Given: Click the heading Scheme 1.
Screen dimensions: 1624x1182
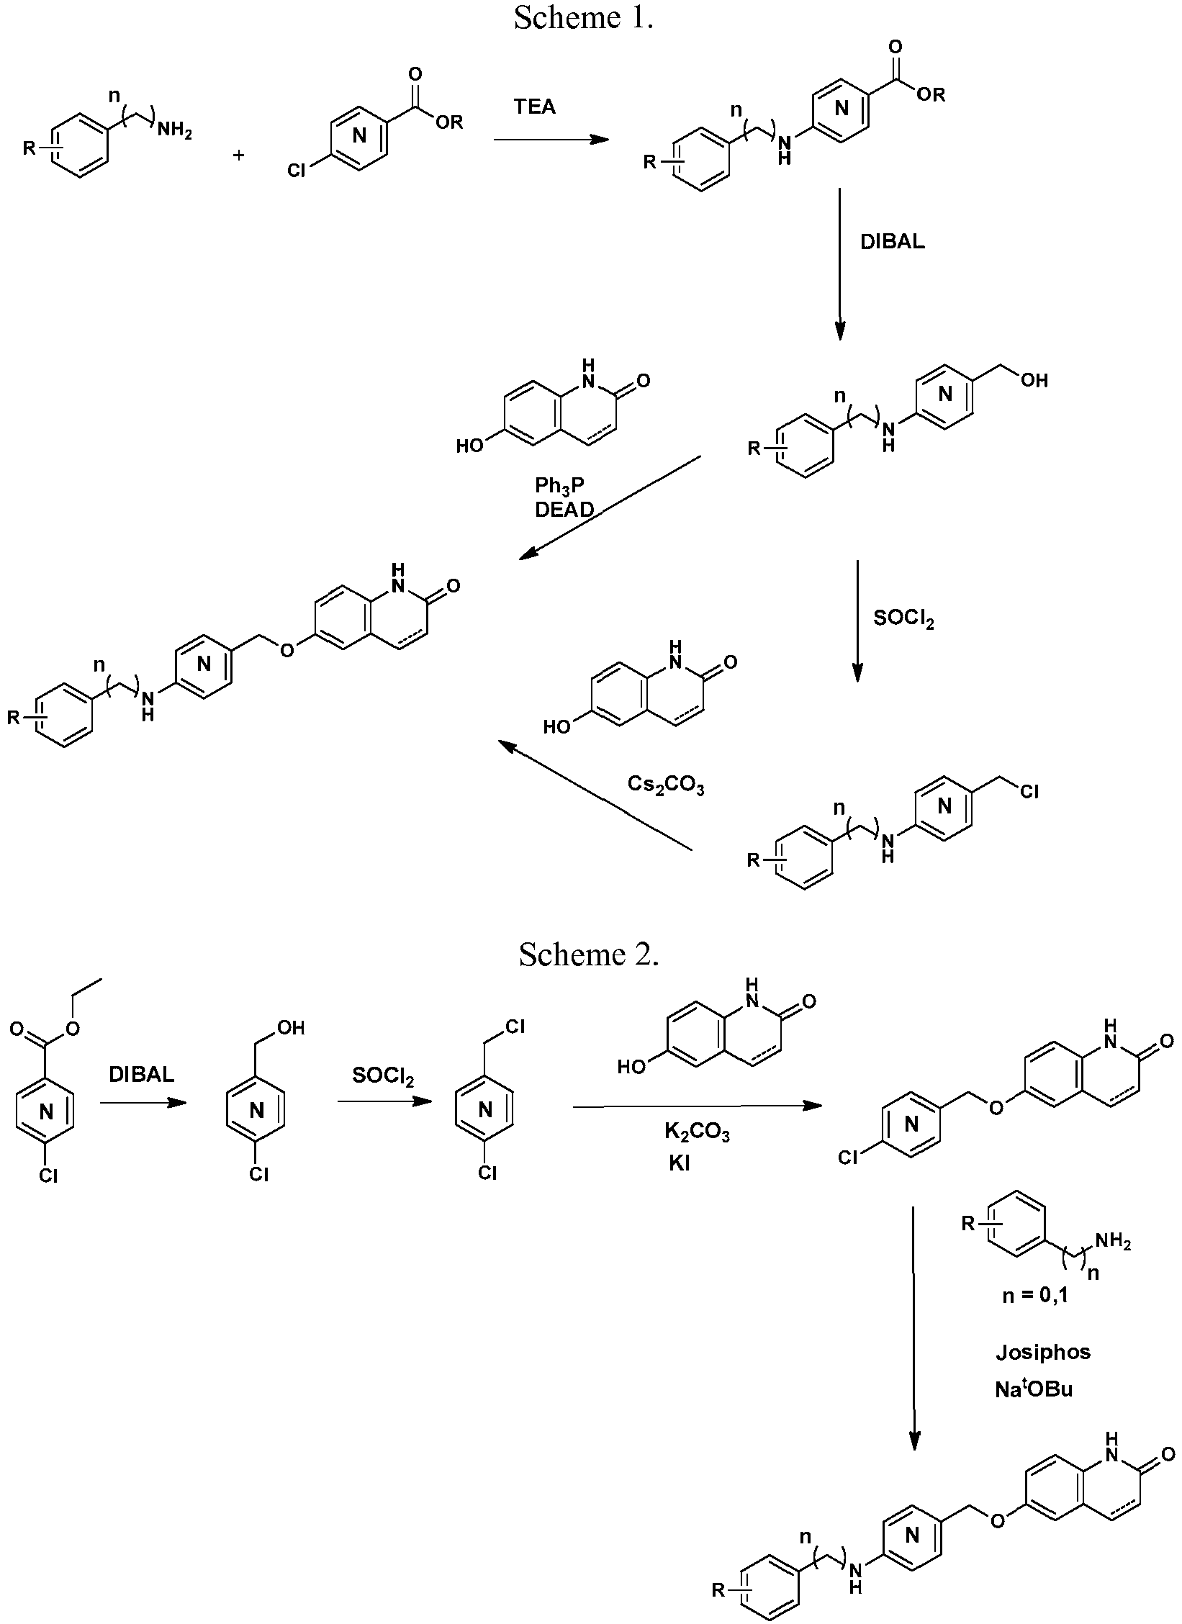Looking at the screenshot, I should point(583,18).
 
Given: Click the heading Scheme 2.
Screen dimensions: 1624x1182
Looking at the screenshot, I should point(589,955).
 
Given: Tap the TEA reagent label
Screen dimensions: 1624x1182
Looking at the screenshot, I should point(535,107).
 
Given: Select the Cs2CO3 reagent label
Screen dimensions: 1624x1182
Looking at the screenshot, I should point(666,784).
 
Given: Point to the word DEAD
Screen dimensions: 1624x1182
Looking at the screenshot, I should point(564,510).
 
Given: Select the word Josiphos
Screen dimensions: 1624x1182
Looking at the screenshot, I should point(1043,1353).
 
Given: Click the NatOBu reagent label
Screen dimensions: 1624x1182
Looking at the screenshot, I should point(1034,1389).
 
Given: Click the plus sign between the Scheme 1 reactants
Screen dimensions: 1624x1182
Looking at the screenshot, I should point(239,154).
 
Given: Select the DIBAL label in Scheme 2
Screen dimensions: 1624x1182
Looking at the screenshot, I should point(141,1075).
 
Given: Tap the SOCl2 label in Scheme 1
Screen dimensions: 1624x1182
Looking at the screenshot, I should point(903,618).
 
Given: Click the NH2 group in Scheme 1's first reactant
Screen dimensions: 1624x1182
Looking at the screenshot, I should point(175,131).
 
